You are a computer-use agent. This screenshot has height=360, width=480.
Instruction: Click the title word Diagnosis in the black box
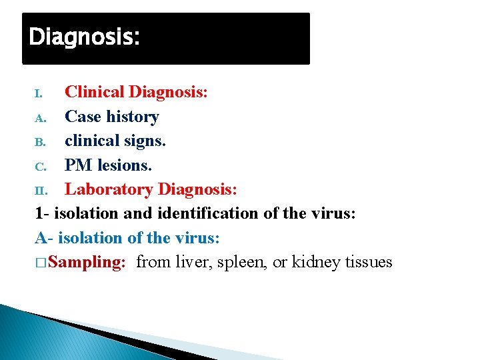[84, 37]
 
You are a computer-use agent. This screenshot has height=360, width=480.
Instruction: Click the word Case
[82, 117]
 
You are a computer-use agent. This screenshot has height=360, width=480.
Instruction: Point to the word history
[131, 117]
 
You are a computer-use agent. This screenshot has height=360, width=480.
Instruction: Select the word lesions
[128, 165]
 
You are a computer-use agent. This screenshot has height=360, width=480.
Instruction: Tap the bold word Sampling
[87, 262]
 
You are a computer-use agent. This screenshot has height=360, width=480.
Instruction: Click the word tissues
[369, 262]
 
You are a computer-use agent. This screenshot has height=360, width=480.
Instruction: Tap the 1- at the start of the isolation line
[41, 213]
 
